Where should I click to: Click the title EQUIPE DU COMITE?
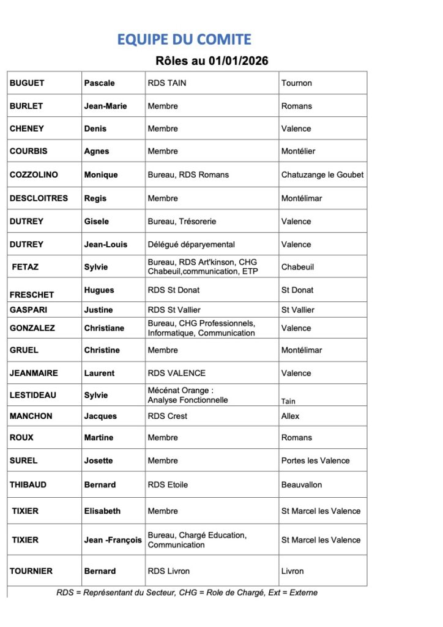click(184, 40)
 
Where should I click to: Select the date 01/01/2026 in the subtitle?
click(238, 61)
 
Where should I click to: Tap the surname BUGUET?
click(27, 83)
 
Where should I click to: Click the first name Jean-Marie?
click(105, 106)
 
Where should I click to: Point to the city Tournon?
click(296, 83)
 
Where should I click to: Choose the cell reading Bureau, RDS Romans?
click(188, 175)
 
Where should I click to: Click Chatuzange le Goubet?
click(322, 175)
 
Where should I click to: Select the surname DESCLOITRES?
click(39, 198)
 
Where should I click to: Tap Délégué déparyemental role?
click(191, 244)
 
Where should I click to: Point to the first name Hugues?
click(99, 290)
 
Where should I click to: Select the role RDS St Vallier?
click(174, 310)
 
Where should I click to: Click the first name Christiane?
click(104, 328)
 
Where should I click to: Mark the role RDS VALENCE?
click(176, 373)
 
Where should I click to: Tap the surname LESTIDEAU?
click(32, 395)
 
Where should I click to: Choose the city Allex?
click(290, 416)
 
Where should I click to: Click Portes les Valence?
click(315, 460)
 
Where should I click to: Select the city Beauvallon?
click(302, 484)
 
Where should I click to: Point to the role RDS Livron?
click(168, 571)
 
